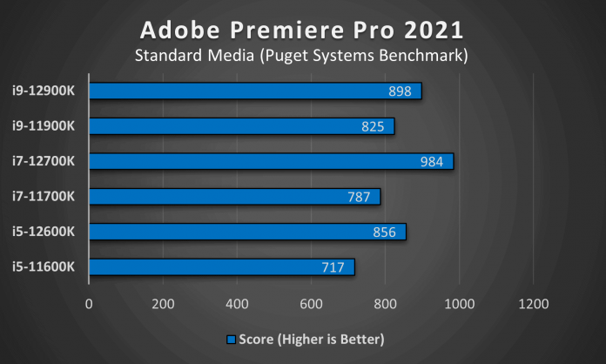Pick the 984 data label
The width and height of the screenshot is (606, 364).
pos(432,161)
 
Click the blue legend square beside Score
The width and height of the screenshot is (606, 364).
pos(231,338)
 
